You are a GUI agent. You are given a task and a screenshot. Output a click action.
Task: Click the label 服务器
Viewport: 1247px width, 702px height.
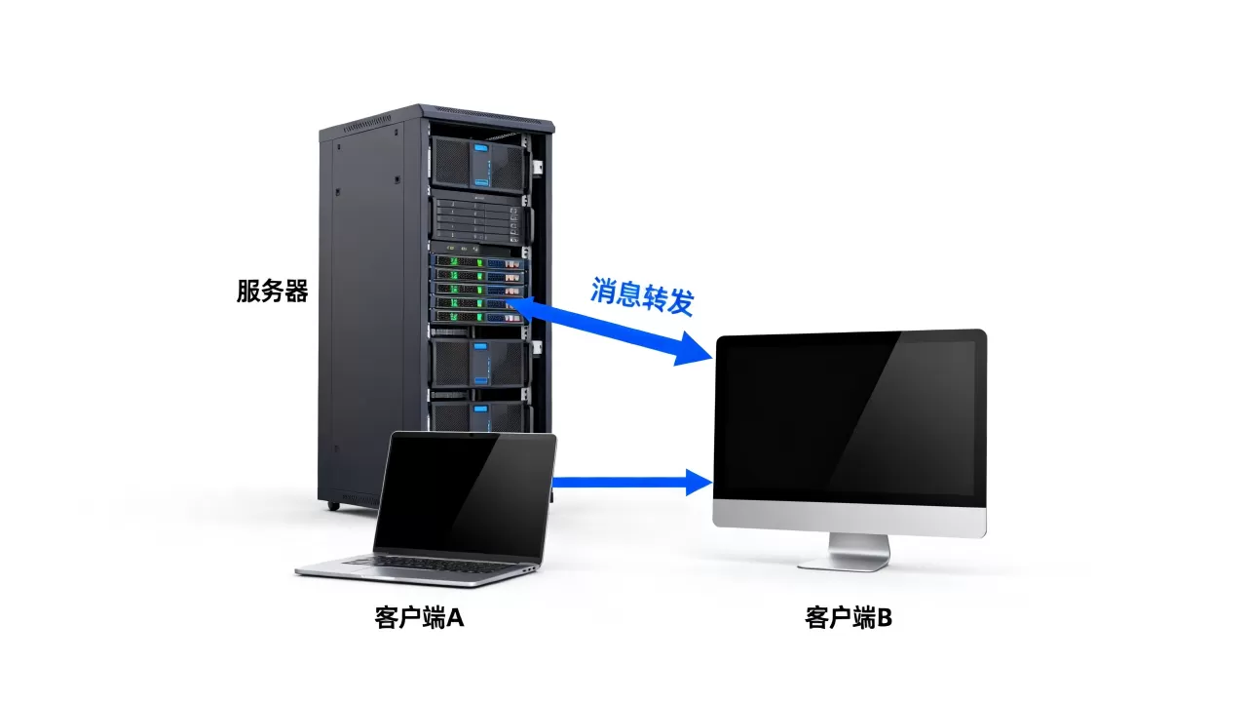pos(272,291)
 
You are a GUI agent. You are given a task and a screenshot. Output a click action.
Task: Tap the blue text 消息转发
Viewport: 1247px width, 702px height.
pos(642,295)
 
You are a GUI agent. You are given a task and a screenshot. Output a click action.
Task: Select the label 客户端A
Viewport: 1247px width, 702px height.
pos(419,618)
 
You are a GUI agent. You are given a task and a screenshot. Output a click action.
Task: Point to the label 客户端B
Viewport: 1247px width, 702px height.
pos(849,618)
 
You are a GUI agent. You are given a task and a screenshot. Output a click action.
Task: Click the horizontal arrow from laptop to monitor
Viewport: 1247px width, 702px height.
pos(632,482)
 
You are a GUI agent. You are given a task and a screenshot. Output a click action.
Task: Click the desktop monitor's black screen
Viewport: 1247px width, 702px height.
pos(850,418)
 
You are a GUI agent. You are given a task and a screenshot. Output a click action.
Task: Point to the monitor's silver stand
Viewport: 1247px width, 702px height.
pos(847,553)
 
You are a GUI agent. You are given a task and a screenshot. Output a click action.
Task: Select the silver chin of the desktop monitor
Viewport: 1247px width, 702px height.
pos(850,520)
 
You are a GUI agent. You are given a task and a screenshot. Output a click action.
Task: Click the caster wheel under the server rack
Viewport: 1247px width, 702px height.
pos(333,506)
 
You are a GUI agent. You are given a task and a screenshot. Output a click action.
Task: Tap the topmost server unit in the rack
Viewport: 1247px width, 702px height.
pos(478,165)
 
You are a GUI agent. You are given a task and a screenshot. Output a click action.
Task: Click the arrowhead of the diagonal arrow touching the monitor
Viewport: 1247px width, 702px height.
pos(693,349)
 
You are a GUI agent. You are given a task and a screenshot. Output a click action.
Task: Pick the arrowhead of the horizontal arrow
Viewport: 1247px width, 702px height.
pos(699,482)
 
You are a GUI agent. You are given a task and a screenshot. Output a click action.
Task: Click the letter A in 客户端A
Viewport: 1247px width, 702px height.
pos(455,618)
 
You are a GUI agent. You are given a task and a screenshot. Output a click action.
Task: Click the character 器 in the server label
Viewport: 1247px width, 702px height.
pos(296,291)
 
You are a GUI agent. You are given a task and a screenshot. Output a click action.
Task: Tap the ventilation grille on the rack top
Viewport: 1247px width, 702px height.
pos(366,124)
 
